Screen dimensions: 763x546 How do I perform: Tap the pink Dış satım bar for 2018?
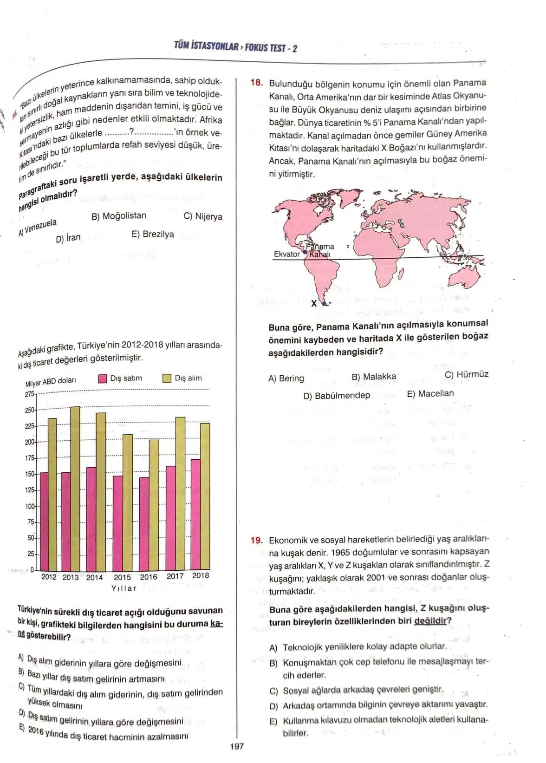(196, 515)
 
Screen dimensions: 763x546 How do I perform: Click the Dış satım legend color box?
(103, 378)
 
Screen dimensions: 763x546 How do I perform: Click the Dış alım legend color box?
(167, 378)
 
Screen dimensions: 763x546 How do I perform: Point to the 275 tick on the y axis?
(30, 394)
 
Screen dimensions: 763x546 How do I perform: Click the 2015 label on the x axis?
(122, 577)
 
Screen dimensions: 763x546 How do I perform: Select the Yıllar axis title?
(124, 588)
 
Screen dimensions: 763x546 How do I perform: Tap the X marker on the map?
(314, 303)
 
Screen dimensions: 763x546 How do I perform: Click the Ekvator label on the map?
(286, 254)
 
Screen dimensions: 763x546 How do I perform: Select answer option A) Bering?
(286, 378)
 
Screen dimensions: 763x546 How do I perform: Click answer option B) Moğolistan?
(119, 216)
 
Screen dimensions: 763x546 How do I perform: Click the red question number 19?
(257, 540)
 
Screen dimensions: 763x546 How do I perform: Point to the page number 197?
(237, 747)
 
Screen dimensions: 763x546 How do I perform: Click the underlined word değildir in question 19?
(429, 621)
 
